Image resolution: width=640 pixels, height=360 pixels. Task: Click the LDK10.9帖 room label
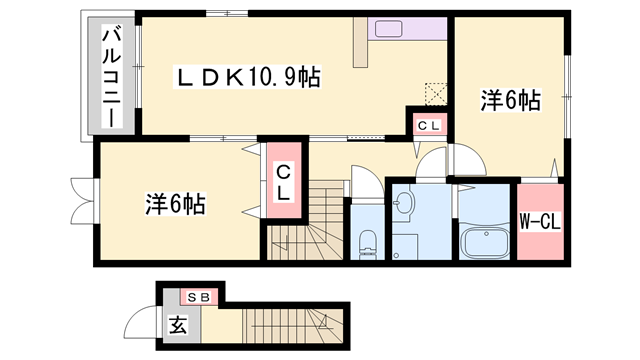click(x=248, y=76)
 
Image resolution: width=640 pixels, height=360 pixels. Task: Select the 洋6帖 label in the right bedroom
click(x=510, y=100)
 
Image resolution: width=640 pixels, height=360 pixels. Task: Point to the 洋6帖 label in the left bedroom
click(x=175, y=204)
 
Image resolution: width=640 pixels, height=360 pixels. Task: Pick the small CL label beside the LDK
click(x=428, y=125)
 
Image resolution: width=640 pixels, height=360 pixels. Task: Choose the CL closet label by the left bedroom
click(x=283, y=181)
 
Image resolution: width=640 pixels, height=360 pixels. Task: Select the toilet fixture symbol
click(x=366, y=241)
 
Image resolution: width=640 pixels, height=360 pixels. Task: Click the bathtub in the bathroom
click(x=485, y=243)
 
